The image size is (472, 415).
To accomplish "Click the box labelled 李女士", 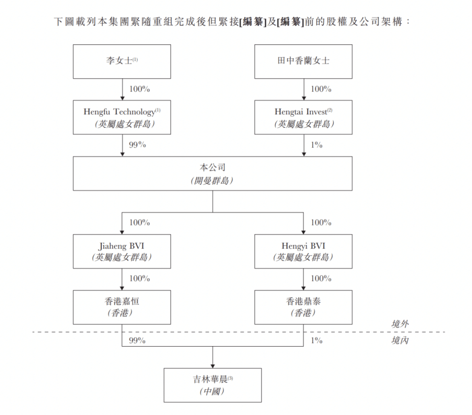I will [x=121, y=62].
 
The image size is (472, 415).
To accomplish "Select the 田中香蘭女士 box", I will [x=303, y=62].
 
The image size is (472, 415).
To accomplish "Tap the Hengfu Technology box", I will [x=121, y=117].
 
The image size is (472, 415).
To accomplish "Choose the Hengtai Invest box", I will [x=303, y=117].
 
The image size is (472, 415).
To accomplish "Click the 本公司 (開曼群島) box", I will [x=212, y=173].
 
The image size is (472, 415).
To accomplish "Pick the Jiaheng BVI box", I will [x=121, y=251].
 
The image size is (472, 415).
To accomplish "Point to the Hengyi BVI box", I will [x=303, y=251].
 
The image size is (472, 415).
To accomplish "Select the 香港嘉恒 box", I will [x=121, y=307].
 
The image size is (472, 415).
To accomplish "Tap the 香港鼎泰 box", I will [x=303, y=307].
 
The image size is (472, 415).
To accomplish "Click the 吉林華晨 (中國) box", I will [x=212, y=385].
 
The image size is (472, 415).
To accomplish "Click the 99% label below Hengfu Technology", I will [x=138, y=145].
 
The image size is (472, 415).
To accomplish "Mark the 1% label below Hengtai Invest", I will [x=317, y=145].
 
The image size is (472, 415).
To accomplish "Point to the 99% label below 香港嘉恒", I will [x=138, y=340].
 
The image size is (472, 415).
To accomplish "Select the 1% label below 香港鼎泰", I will [x=317, y=340].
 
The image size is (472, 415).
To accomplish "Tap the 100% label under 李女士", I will [x=140, y=90].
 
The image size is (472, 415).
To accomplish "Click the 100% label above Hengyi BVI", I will [x=321, y=223].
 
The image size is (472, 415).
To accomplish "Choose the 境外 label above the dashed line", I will [x=400, y=323].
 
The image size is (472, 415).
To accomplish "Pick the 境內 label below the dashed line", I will [x=400, y=340].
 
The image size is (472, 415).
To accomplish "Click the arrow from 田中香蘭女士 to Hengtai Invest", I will [x=303, y=90].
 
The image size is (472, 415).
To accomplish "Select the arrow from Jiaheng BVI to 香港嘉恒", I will [x=122, y=279].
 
